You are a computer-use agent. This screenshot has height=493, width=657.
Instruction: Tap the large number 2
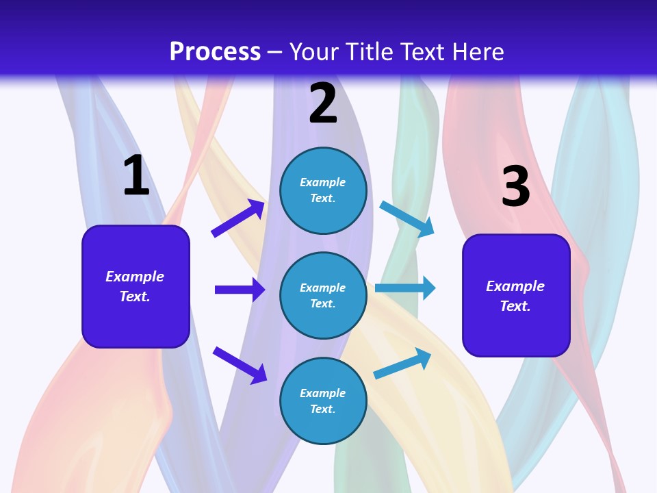click(323, 103)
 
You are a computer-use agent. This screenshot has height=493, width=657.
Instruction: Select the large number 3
click(515, 186)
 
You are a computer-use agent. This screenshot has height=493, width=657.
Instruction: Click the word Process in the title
click(215, 51)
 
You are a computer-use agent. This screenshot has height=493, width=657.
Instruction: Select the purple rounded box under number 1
click(136, 286)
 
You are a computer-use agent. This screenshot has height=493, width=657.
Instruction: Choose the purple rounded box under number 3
click(516, 295)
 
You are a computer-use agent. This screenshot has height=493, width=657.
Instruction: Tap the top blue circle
click(323, 190)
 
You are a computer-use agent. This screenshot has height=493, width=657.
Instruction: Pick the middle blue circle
click(323, 295)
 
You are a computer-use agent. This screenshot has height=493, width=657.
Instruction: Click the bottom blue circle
click(323, 401)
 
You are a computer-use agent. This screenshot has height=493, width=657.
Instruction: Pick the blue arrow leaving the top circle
click(407, 219)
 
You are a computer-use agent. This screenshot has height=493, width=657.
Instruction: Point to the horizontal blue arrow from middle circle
click(405, 288)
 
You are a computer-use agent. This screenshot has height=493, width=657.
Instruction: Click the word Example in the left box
click(135, 277)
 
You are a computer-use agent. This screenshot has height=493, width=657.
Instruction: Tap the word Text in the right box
click(515, 306)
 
